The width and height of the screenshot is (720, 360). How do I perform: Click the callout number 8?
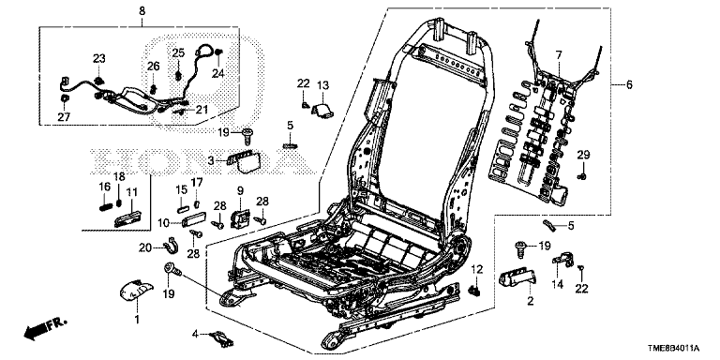[x=142, y=11]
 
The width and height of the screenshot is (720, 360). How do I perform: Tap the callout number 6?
[x=629, y=85]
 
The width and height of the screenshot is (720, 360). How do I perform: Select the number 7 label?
[x=558, y=55]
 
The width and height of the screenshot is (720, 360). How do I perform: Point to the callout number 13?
[x=322, y=86]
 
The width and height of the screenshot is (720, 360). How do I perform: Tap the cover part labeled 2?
[x=516, y=278]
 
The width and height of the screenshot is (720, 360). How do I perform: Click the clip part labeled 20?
[x=172, y=248]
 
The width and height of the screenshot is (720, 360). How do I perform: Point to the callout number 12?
[x=475, y=270]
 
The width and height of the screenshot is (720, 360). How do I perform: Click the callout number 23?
[x=97, y=58]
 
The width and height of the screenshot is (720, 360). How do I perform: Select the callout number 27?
[x=63, y=117]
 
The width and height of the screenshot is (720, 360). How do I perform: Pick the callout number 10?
[x=164, y=224]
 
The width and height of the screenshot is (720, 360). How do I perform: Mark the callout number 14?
[x=558, y=283]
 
